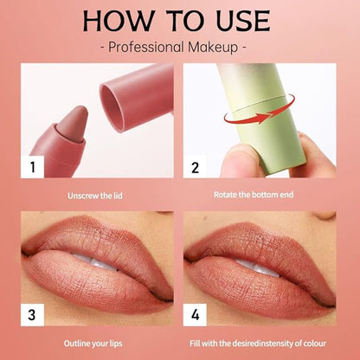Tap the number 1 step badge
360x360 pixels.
[x=32, y=167]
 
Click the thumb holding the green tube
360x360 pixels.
[x=242, y=160]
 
